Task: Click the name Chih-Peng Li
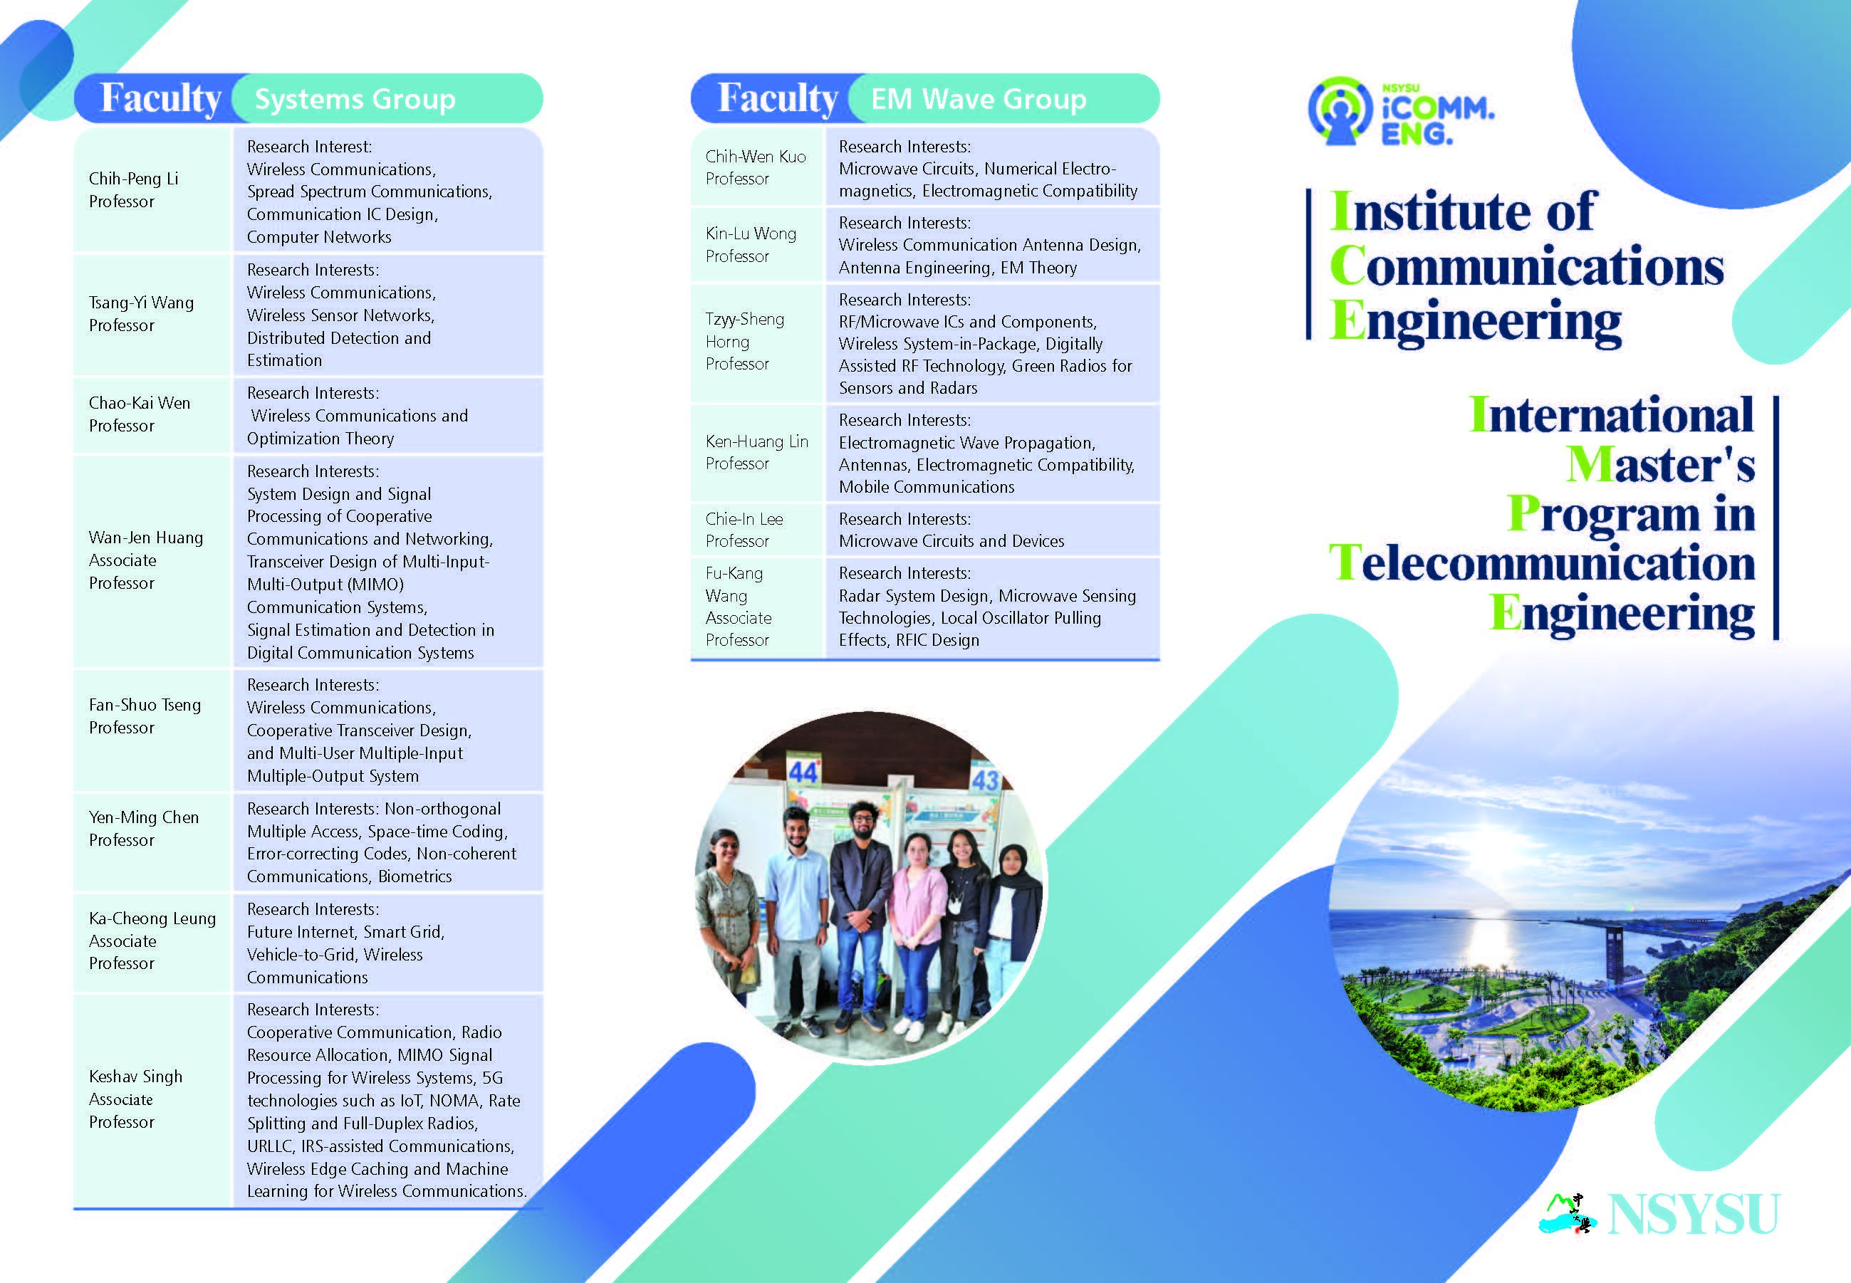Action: point(133,179)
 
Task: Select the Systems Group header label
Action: point(355,99)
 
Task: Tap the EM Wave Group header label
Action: point(979,99)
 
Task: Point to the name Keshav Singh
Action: point(136,1077)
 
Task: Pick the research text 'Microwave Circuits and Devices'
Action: point(951,541)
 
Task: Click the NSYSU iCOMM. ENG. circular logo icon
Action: point(1338,111)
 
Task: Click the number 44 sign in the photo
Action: point(803,772)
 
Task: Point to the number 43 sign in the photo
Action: point(985,780)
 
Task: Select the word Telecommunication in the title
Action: point(1541,562)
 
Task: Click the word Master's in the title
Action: point(1659,465)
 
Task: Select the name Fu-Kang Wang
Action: point(734,585)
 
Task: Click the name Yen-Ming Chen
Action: point(144,817)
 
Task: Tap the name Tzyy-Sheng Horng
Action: point(744,330)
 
